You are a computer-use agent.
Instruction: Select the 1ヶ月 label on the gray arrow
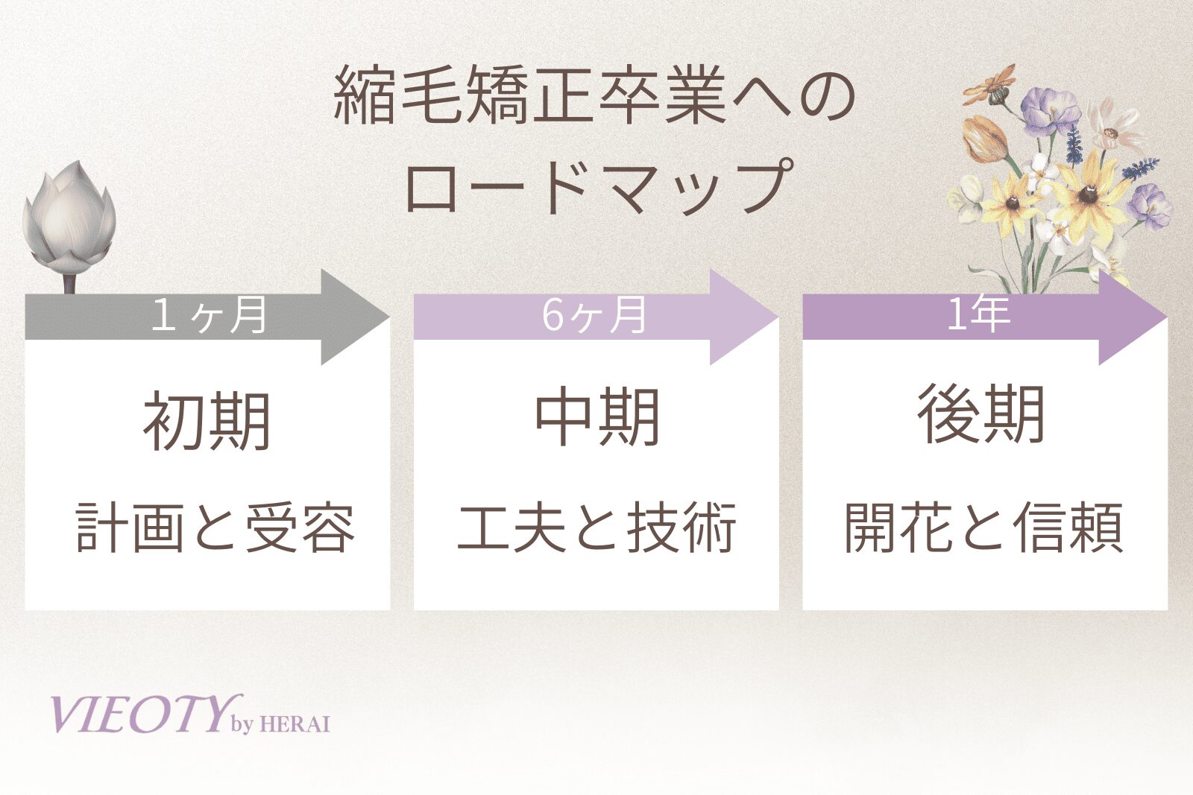(209, 315)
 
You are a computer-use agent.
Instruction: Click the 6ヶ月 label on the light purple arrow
(594, 315)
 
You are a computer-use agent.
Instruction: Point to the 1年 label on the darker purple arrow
(978, 314)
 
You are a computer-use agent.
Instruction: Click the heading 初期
(207, 422)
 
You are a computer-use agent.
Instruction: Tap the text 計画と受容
(215, 528)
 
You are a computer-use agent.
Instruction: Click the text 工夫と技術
(597, 528)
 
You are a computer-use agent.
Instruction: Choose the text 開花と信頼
(983, 528)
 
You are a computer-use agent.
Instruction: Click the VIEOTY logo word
(138, 715)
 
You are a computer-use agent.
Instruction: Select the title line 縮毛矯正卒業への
(594, 98)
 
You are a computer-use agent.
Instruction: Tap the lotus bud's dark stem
(70, 283)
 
